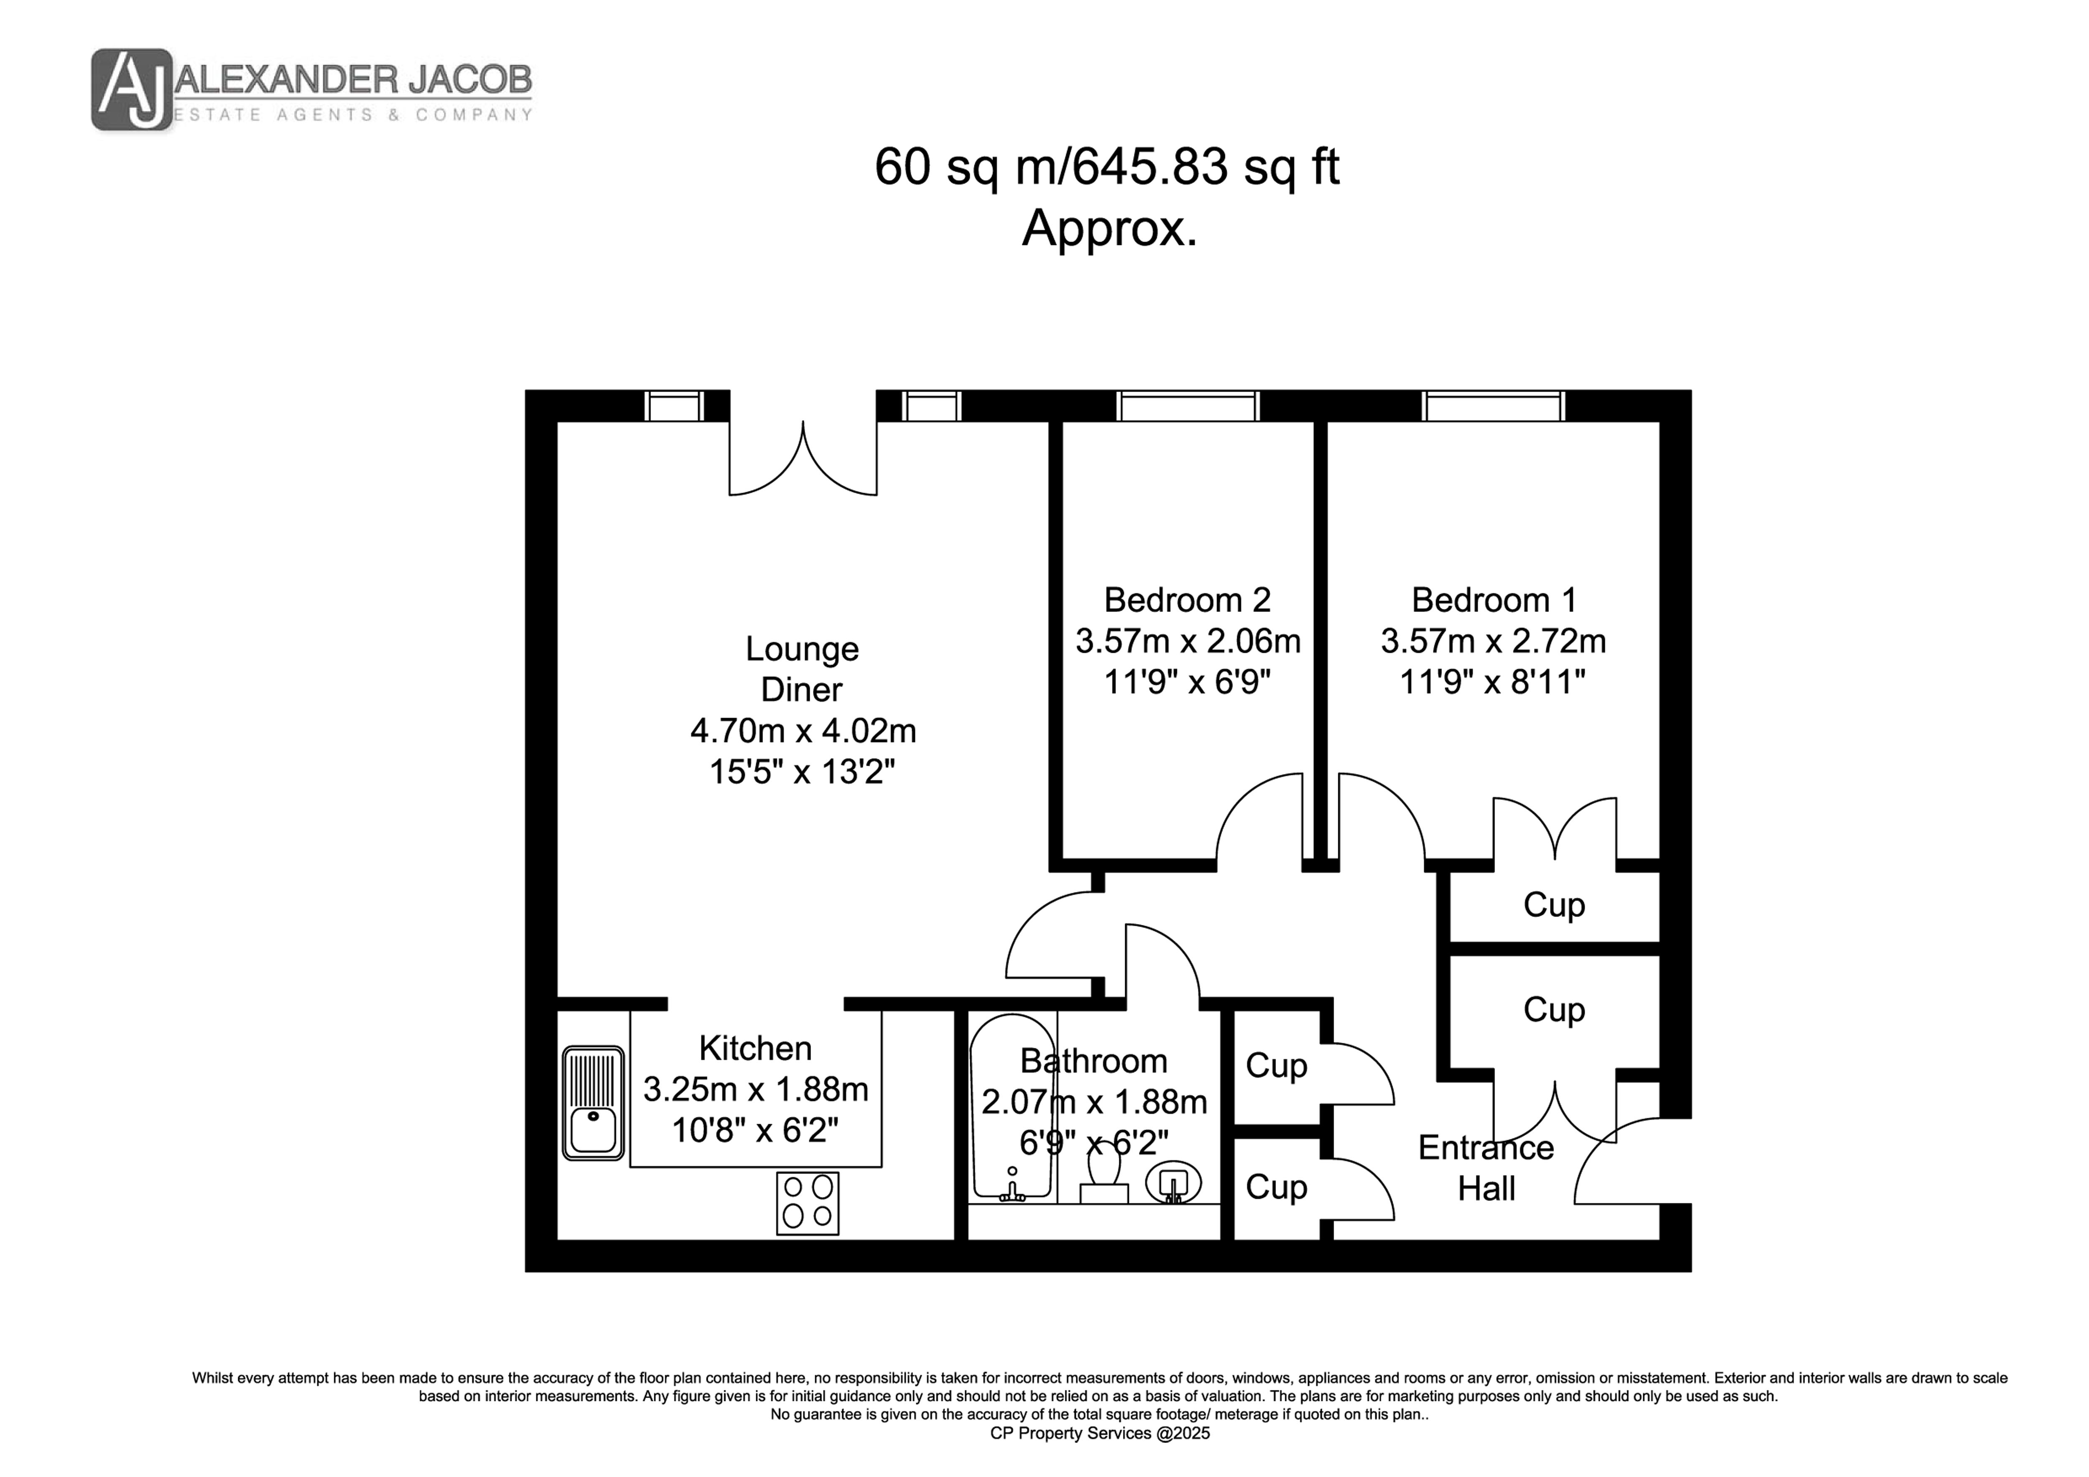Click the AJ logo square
point(132,89)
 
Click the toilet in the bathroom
point(1104,1177)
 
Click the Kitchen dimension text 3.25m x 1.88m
point(755,1089)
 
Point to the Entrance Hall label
point(1486,1168)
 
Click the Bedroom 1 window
point(1493,406)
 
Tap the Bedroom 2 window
point(1187,406)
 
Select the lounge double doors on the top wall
point(803,458)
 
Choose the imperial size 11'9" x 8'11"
point(1492,682)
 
